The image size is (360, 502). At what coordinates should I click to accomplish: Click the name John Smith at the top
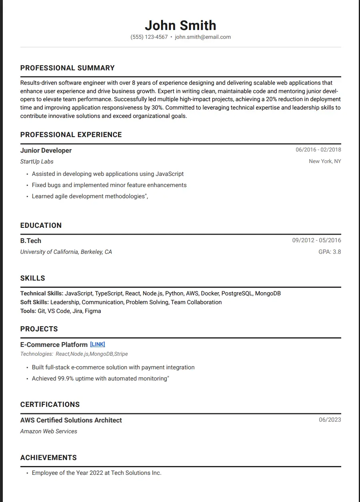coord(180,25)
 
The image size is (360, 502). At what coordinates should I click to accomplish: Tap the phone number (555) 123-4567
coord(149,37)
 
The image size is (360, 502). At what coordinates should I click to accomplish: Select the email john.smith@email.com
coord(203,37)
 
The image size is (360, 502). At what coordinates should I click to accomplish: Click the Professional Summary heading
coord(67,68)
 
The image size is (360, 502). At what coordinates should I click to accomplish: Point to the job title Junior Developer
coord(46,150)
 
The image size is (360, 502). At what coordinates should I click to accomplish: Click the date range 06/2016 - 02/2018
coord(318,150)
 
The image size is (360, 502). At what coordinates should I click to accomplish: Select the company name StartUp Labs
coord(37,161)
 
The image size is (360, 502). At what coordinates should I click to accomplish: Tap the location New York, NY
coord(325,161)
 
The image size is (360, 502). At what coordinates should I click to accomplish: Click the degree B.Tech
coord(31,241)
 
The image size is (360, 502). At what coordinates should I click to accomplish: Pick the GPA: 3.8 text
coord(330,252)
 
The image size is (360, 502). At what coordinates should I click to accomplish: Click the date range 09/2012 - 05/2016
coord(316,241)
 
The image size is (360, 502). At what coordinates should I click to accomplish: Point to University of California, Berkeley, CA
coord(66,252)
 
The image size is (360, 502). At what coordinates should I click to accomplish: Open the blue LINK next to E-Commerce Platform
coord(98,344)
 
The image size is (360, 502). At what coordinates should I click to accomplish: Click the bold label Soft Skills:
coord(34,302)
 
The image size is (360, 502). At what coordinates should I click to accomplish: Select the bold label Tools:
coord(28,311)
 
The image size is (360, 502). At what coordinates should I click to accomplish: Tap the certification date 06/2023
coord(330,420)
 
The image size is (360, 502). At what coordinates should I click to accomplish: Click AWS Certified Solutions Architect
coord(71,420)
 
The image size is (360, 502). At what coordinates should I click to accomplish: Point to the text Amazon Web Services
coord(48,431)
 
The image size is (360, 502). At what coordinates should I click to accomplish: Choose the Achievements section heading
coord(48,458)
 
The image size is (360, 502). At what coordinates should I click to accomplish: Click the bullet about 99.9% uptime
coord(100,378)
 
